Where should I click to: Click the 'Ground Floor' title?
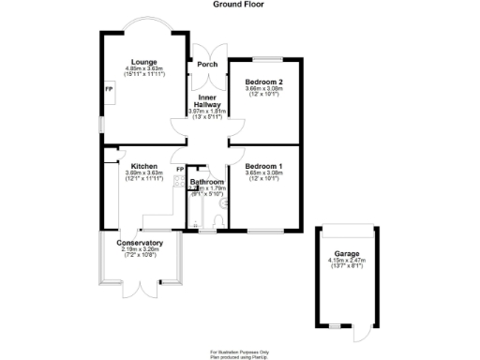pyautogui.click(x=239, y=5)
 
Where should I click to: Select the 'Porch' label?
pyautogui.click(x=207, y=65)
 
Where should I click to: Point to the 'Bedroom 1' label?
pyautogui.click(x=262, y=166)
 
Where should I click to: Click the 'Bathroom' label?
pyautogui.click(x=207, y=182)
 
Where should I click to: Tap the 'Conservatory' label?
pyautogui.click(x=140, y=244)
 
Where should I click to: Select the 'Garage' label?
pyautogui.click(x=346, y=253)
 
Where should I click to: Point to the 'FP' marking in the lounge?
pyautogui.click(x=109, y=89)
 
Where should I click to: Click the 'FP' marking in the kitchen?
pyautogui.click(x=180, y=170)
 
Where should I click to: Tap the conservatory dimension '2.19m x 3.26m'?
pyautogui.click(x=140, y=250)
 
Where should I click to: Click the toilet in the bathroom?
pyautogui.click(x=217, y=220)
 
